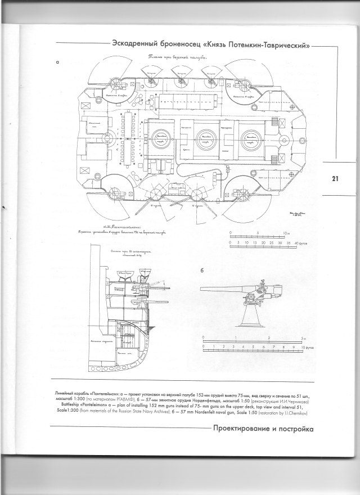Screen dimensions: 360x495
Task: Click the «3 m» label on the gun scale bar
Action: [x=303, y=337]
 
